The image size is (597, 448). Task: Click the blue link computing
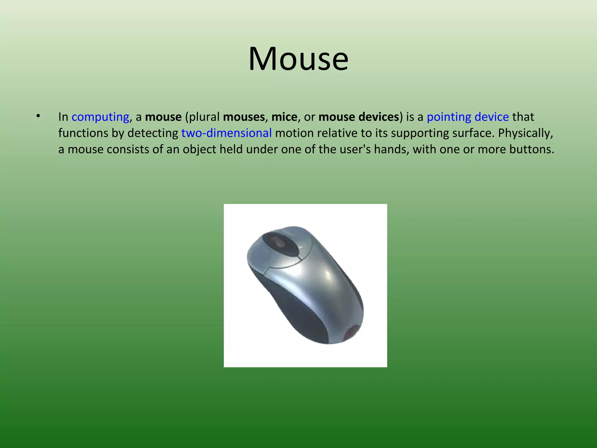click(100, 117)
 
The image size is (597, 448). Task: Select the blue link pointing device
click(468, 117)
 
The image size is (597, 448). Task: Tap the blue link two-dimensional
click(226, 133)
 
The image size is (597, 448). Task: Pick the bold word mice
click(284, 117)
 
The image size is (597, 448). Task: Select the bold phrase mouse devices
click(359, 117)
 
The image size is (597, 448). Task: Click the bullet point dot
click(38, 116)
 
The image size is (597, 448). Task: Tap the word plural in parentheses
click(204, 117)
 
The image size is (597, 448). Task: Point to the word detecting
click(153, 133)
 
